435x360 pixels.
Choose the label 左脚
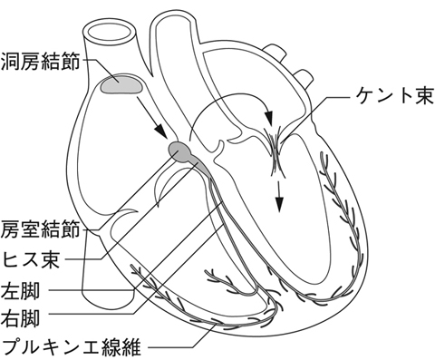20,292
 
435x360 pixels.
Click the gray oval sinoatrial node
121,85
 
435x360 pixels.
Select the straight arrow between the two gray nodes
150,116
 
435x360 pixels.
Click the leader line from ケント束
319,96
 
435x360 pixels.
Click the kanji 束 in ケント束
422,94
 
